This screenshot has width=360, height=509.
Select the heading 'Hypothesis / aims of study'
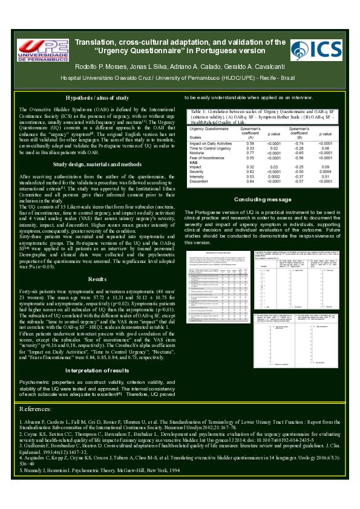tap(97, 98)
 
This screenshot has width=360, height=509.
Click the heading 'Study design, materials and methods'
tap(97, 164)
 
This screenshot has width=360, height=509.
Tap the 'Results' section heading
tap(97, 279)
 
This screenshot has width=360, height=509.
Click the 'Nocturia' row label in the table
tap(200, 154)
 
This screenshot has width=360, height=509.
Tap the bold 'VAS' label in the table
tap(195, 163)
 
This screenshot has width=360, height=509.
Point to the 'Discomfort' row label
tap(202, 181)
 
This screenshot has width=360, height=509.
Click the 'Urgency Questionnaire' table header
tap(209, 129)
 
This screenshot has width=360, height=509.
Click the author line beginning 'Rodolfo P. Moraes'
tap(180, 65)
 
